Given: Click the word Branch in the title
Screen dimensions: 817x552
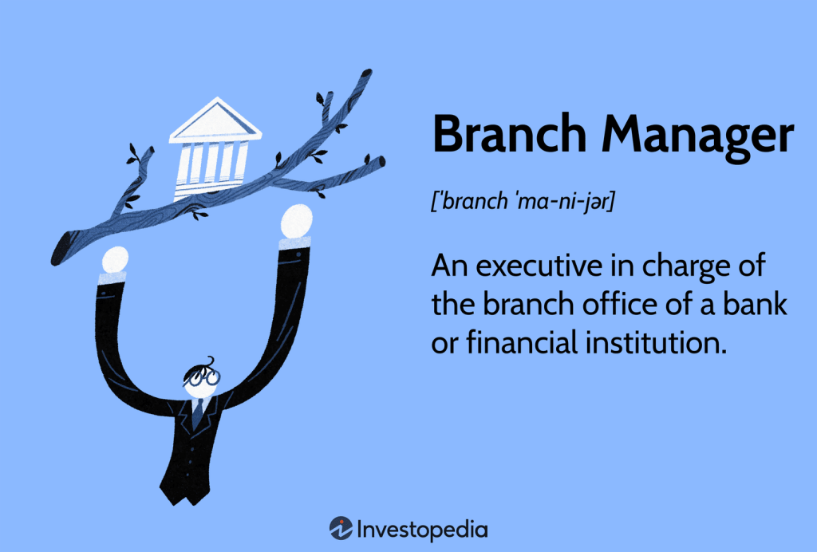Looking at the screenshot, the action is (510, 134).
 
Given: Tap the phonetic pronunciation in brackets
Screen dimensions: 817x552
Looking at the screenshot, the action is (523, 201).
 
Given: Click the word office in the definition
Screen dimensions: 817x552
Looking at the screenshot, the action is (620, 304).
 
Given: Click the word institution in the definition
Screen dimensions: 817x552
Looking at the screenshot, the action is (656, 343).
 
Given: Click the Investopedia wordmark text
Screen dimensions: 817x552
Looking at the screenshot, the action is (423, 530).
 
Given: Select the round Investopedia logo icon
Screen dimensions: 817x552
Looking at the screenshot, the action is (341, 529).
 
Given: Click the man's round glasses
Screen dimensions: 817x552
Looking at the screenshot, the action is (203, 377).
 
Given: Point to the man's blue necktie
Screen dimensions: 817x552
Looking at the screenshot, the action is (198, 413).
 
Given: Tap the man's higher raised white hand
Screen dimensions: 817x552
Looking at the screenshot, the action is (297, 221).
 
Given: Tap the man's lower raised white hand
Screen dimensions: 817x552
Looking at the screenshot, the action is (115, 260).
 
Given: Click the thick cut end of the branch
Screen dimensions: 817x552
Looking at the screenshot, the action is (61, 248).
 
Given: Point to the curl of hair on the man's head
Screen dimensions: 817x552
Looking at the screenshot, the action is (210, 361).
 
